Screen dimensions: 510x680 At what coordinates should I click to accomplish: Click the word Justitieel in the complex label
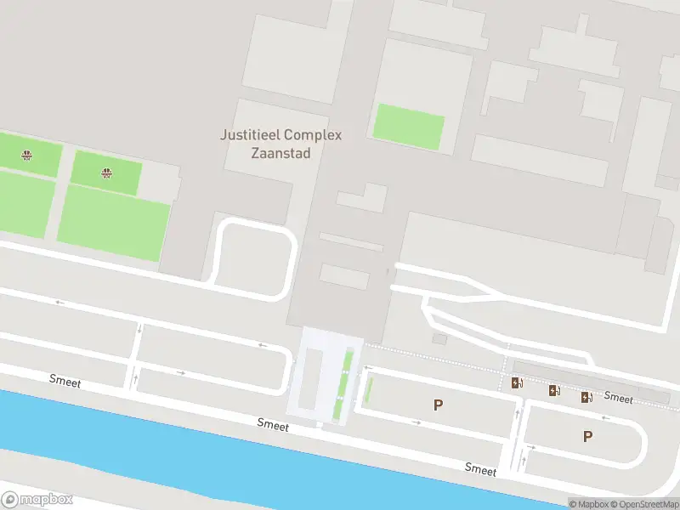pos(250,135)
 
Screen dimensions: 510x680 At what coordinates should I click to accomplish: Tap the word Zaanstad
pos(280,154)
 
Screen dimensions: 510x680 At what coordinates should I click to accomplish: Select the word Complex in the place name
pos(312,135)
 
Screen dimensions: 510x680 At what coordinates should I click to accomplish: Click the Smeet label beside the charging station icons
pos(618,398)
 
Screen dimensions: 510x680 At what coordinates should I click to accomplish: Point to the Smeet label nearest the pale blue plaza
pos(274,423)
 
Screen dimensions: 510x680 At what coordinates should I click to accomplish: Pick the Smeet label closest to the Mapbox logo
pos(65,382)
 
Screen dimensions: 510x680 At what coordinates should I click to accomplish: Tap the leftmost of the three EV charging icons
pos(517,383)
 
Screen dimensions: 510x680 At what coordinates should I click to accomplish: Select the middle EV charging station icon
pos(554,391)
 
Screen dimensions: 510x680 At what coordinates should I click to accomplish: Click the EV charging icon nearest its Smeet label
pos(586,397)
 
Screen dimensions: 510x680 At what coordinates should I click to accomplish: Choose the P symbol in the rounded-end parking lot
pos(587,437)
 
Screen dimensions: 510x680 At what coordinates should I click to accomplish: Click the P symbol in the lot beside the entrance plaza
pos(438,405)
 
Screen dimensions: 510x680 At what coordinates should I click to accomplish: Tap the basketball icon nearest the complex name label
pos(106,173)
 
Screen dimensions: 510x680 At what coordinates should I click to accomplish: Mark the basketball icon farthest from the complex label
pos(27,155)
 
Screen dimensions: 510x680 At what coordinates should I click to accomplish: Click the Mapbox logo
pos(37,500)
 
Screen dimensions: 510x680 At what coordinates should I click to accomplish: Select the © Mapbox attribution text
pos(587,504)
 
